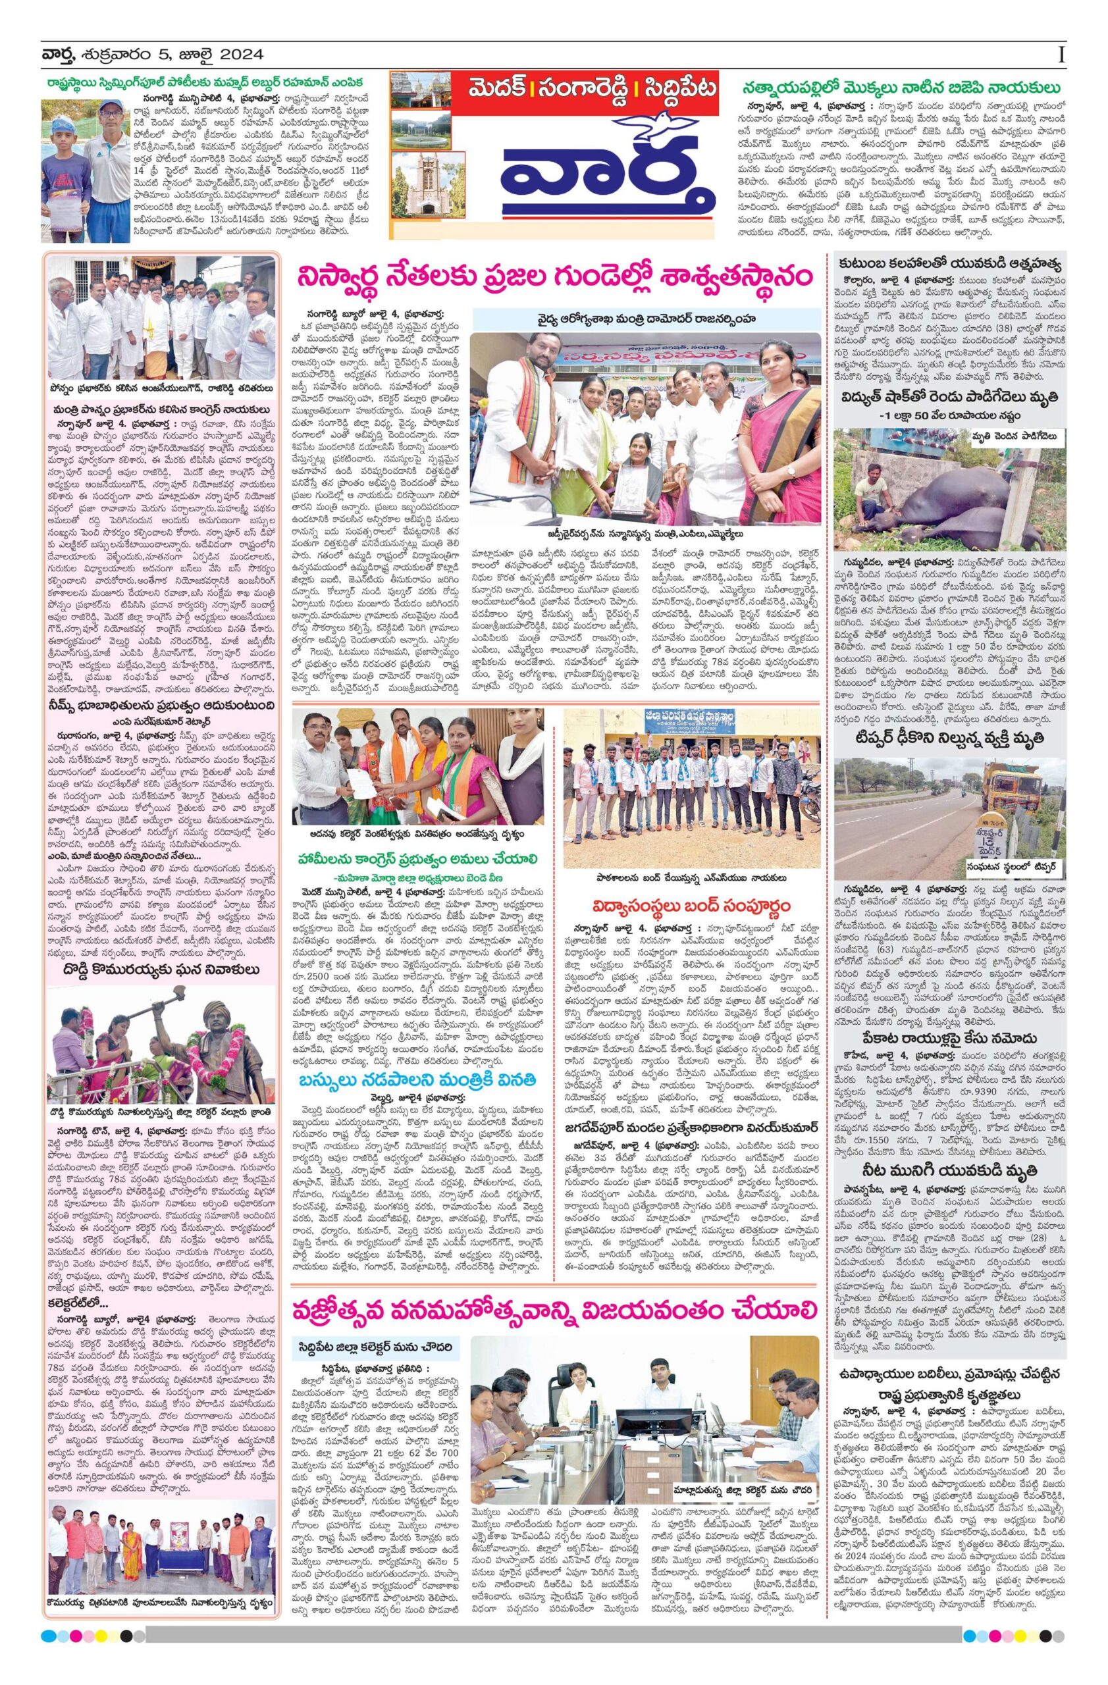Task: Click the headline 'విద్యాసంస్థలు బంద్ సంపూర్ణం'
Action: point(692,906)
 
